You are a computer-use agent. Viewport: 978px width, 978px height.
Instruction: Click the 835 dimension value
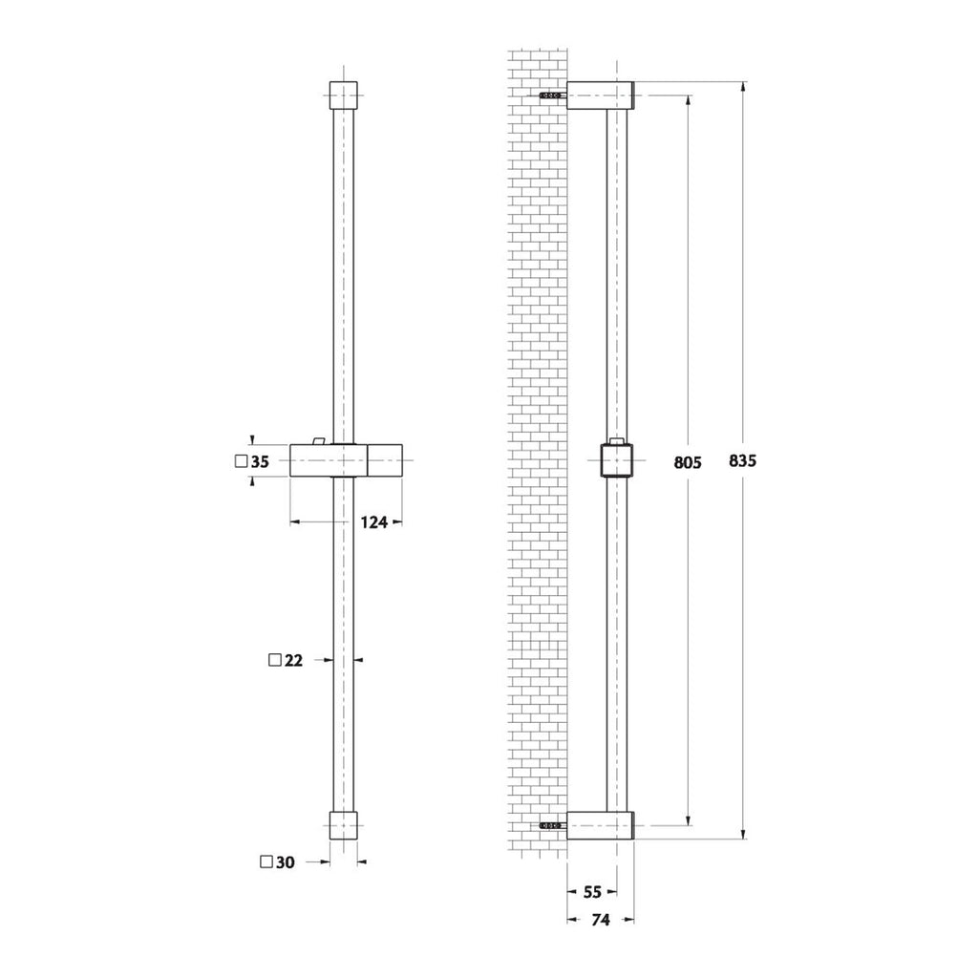coord(742,461)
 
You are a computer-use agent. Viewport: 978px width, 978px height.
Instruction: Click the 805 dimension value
coord(688,462)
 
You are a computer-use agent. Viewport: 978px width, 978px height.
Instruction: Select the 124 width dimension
coord(374,521)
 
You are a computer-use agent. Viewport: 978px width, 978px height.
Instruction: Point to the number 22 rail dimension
coord(293,660)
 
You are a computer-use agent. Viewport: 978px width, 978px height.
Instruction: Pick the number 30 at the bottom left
coord(285,862)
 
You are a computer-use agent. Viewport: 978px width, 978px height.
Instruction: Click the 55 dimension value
coord(592,892)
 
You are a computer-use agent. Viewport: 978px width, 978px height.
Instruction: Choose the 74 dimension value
coord(601,921)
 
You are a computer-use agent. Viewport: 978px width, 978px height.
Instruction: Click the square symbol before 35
coord(240,462)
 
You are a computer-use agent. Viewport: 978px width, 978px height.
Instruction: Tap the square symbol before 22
coord(275,660)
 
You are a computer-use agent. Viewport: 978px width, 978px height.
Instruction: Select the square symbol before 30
coord(266,862)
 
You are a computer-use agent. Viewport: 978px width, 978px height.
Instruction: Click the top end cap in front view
coord(343,96)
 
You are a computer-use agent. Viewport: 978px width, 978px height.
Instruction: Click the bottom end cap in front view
coord(343,825)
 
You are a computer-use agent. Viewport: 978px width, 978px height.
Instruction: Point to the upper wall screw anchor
coord(551,96)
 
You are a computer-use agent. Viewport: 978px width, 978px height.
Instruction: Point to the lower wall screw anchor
coord(551,824)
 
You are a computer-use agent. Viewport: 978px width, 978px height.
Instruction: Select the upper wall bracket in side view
coord(601,96)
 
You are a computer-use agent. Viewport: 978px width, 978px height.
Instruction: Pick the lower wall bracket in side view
coord(601,824)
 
